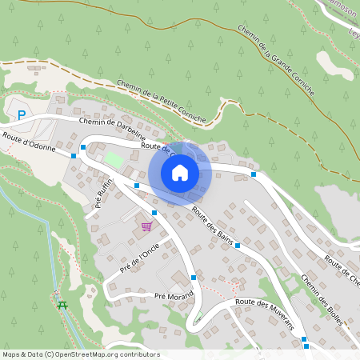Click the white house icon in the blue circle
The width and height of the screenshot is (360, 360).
coord(180,172)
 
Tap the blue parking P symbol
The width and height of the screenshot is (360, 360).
coord(22,115)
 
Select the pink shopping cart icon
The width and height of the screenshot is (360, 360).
coord(146,226)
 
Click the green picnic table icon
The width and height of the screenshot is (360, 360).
coord(62,305)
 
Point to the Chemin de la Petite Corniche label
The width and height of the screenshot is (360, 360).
coord(161,101)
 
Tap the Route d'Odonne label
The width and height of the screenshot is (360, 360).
coord(30,142)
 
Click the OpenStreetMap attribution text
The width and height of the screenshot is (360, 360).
coord(81,354)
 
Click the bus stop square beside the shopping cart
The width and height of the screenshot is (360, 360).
coord(154,213)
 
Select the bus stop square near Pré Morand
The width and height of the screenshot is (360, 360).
coord(194,277)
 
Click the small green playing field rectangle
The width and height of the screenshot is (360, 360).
coord(114,159)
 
